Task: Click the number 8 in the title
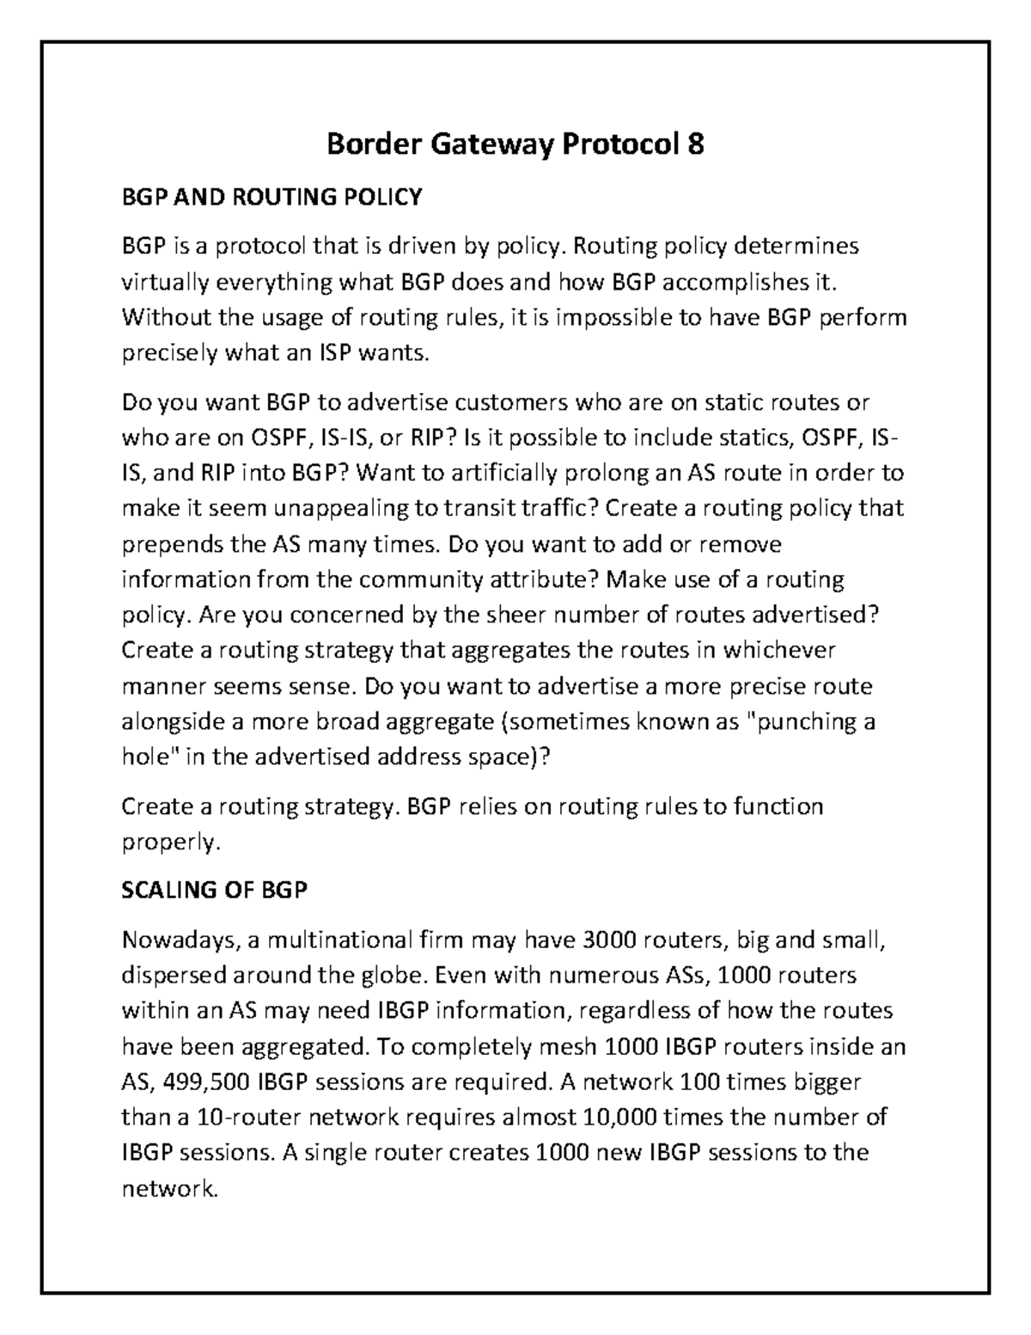click(x=694, y=144)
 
